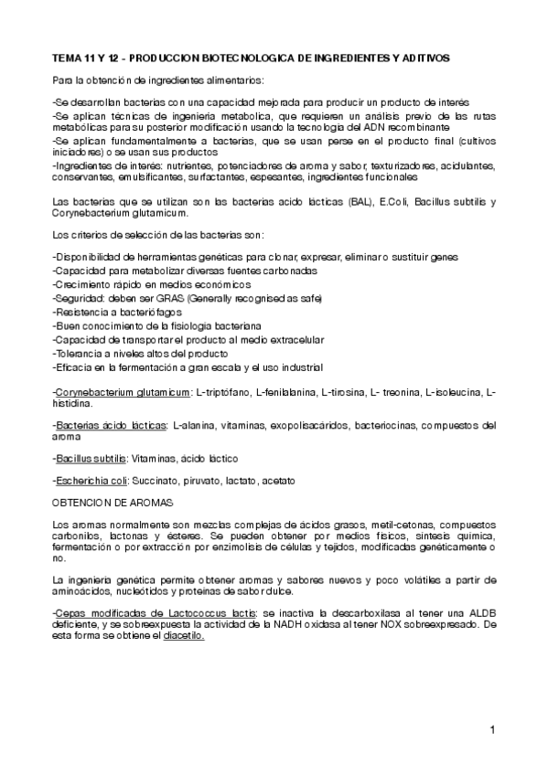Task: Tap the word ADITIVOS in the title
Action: (424, 57)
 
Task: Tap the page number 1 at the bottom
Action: (492, 729)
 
